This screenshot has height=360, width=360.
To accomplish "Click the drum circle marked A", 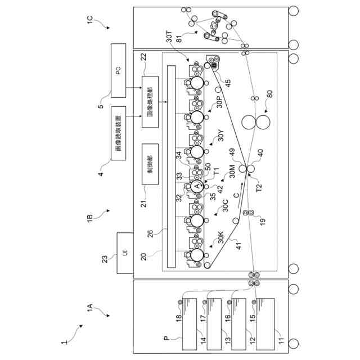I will tap(196, 186).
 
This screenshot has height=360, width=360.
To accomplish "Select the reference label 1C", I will tap(90, 21).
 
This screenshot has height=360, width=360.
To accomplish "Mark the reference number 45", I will tap(228, 82).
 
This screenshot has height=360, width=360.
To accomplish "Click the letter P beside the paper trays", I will tap(166, 339).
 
